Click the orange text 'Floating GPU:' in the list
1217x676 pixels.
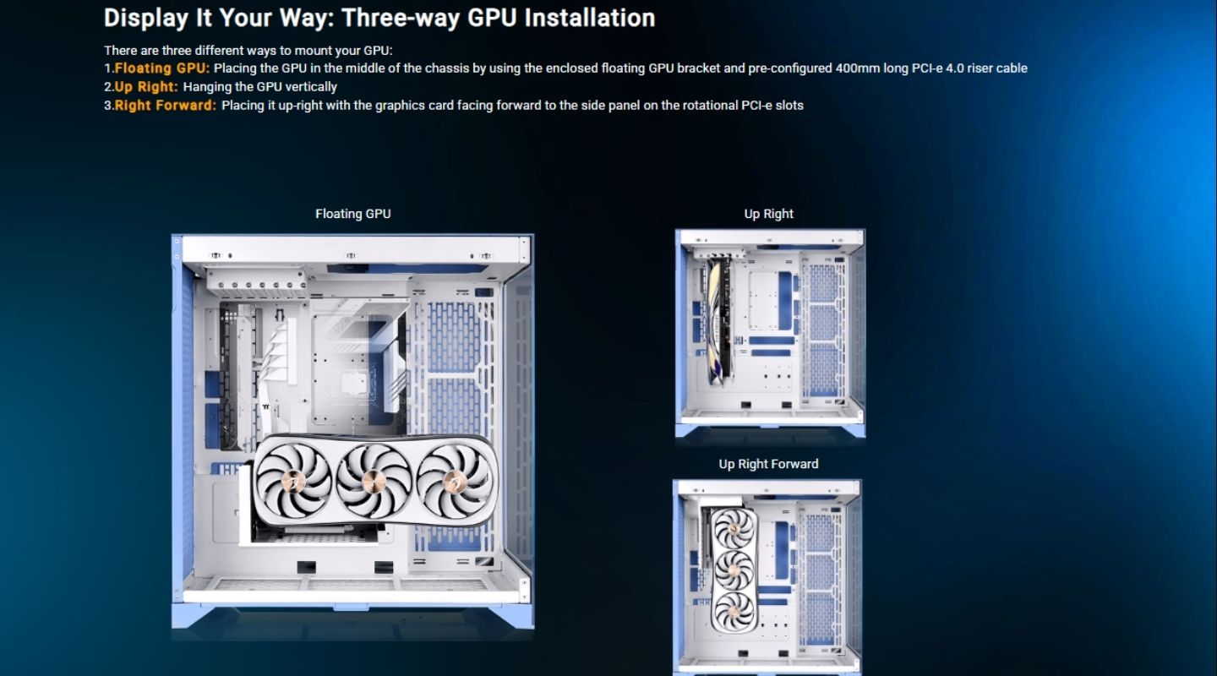click(x=162, y=68)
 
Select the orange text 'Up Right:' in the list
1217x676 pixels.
click(x=146, y=87)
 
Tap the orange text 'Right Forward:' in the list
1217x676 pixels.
click(x=166, y=106)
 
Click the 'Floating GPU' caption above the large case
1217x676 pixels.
click(x=352, y=214)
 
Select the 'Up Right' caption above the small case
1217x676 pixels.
click(x=768, y=214)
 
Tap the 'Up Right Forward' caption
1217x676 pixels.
click(x=768, y=464)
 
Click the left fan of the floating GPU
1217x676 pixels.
click(x=294, y=479)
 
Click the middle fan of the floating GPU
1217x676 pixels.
click(x=369, y=479)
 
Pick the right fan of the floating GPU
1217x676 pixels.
click(x=448, y=478)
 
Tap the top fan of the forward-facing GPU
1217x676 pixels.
click(x=734, y=529)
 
